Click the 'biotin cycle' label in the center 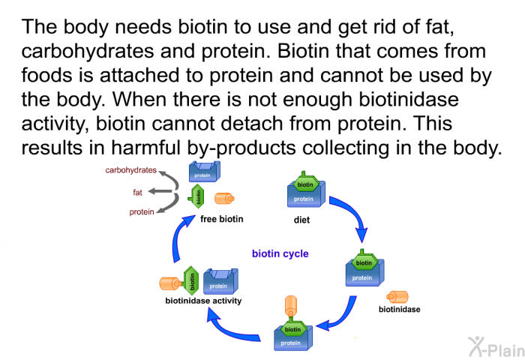click(280, 253)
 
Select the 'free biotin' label click(222, 219)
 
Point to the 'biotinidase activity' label click(203, 301)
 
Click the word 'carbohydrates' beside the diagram click(131, 170)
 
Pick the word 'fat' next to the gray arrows click(138, 192)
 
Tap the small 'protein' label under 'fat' click(142, 211)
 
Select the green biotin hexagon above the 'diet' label click(304, 184)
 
